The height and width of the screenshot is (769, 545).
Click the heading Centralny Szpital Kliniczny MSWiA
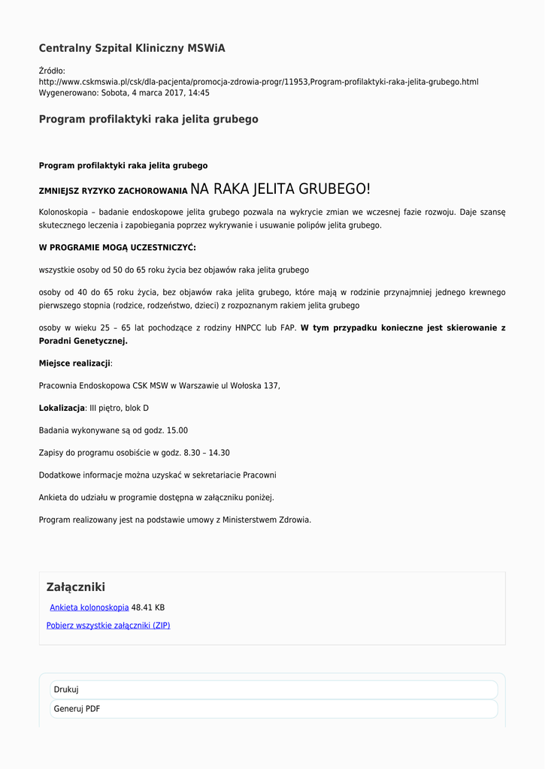[132, 48]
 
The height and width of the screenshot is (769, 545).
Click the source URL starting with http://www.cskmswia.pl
[258, 82]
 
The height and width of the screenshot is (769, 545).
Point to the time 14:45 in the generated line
[198, 93]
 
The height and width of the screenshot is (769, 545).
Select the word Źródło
[52, 71]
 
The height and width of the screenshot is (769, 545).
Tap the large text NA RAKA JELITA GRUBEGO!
[280, 188]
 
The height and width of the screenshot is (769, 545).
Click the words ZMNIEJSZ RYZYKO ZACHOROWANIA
[113, 191]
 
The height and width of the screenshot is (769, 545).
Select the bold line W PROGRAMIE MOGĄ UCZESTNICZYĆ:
[117, 247]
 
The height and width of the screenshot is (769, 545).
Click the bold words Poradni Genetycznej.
[83, 341]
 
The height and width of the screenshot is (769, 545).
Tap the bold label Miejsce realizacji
[74, 363]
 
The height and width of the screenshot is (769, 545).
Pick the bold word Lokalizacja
[62, 408]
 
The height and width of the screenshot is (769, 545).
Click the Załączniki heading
[75, 587]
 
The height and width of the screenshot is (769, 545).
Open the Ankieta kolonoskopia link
[89, 608]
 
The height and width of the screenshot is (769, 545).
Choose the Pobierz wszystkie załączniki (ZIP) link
[108, 626]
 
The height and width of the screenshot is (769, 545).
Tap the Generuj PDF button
[77, 708]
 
